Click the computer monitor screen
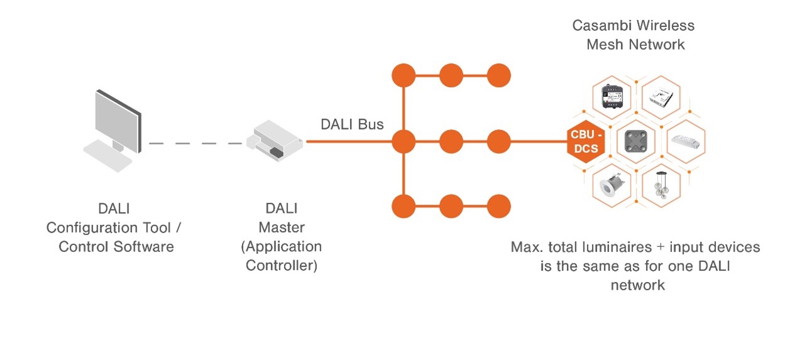[x=116, y=119]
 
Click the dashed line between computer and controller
[x=195, y=143]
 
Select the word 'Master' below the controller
[x=281, y=227]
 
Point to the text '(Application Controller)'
[x=281, y=256]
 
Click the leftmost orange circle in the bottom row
[x=403, y=205]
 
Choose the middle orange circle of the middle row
[x=451, y=141]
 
